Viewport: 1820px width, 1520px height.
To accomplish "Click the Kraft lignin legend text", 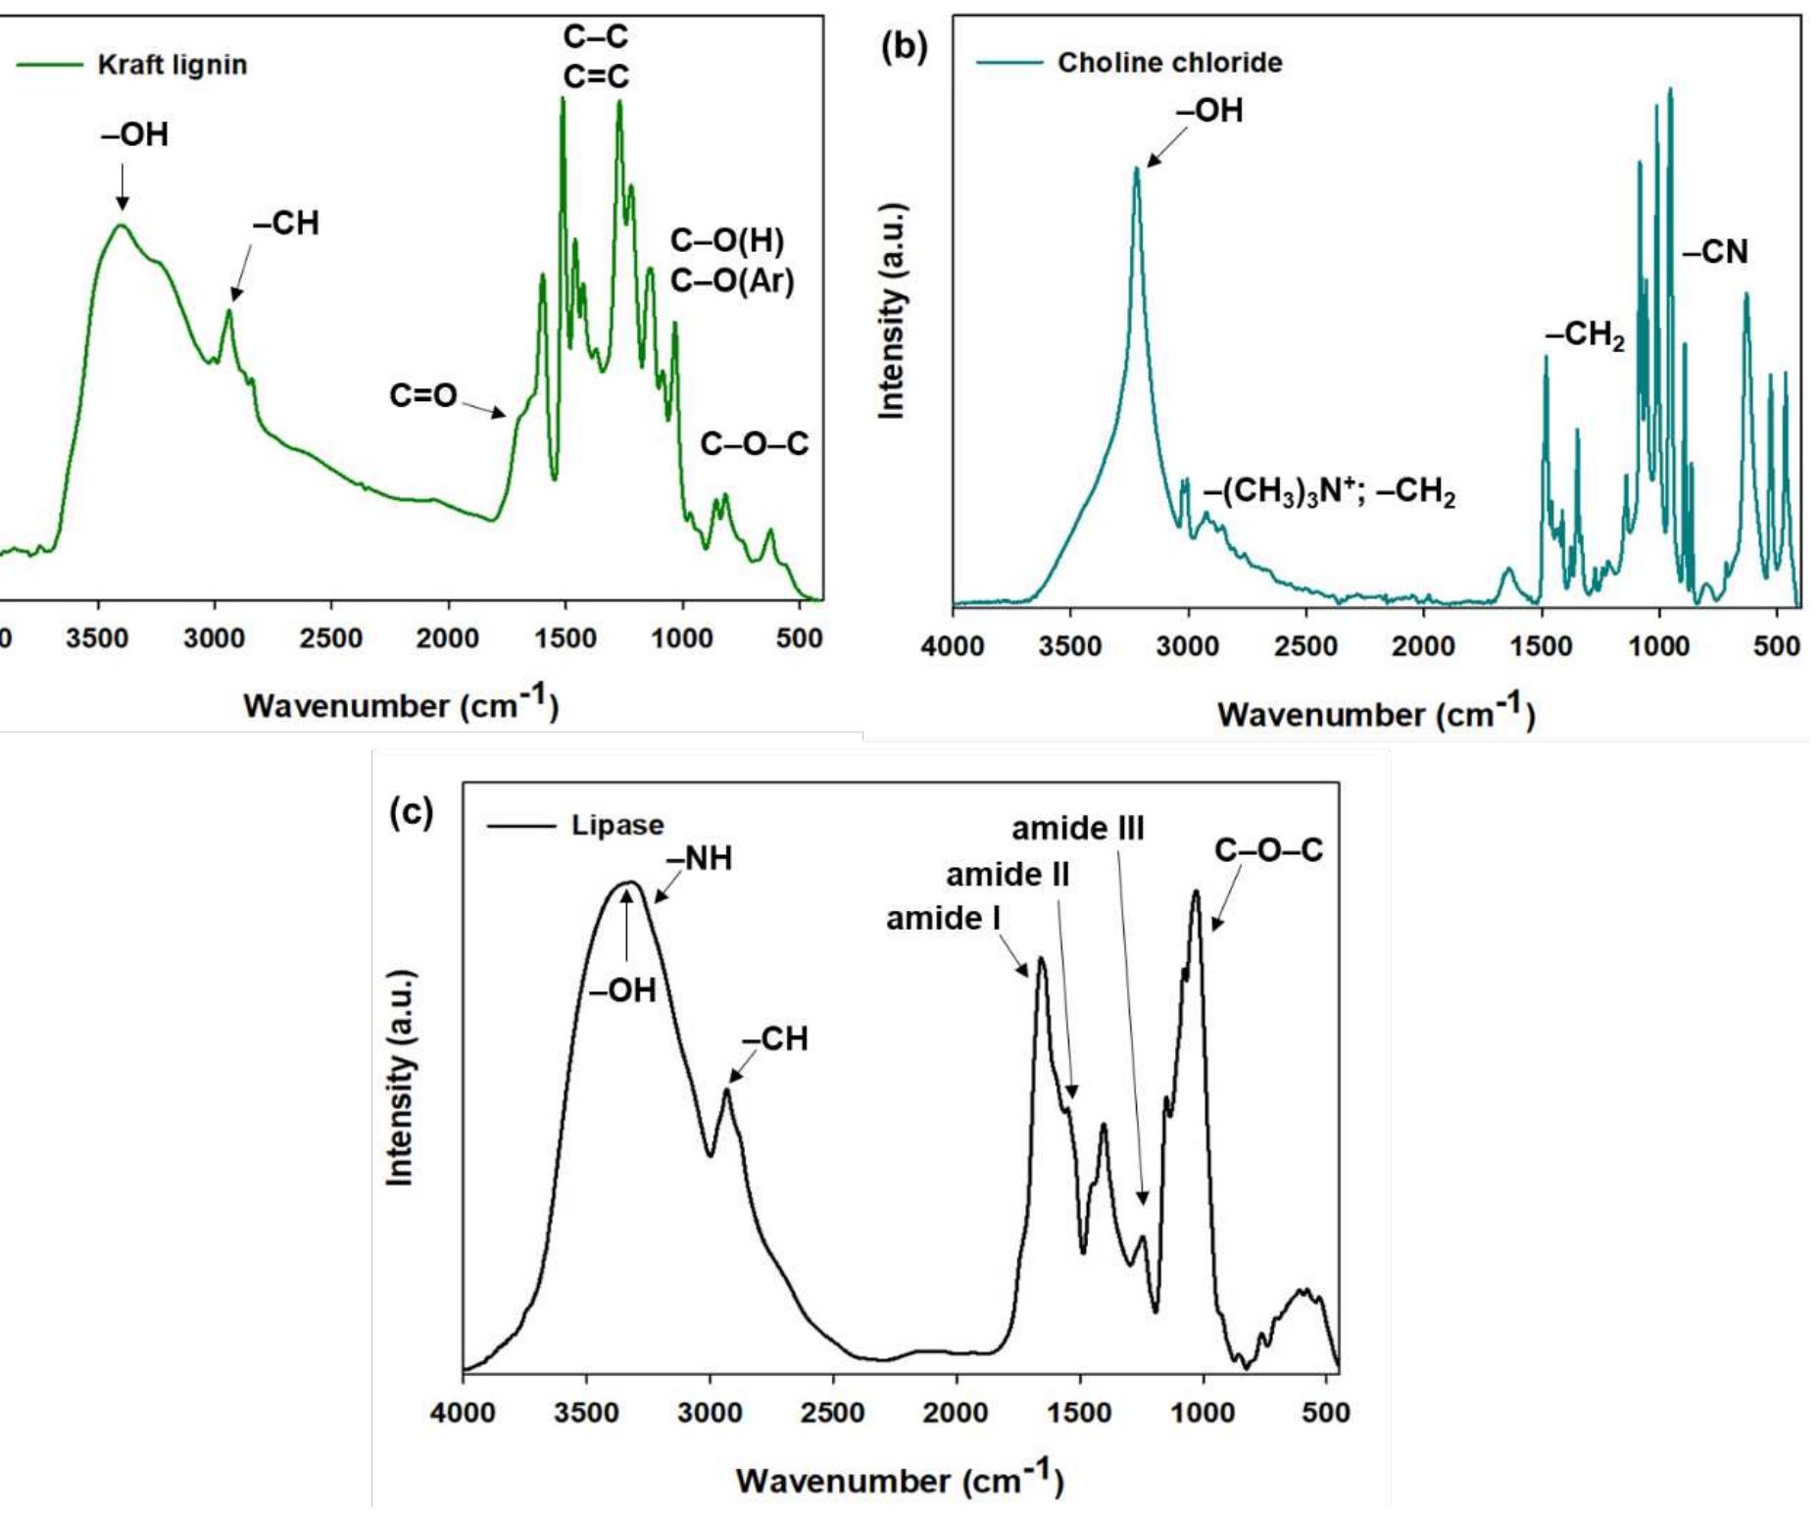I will coord(172,66).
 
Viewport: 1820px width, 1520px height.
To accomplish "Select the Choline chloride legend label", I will coord(1169,63).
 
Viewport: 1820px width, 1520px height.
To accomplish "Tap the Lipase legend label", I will coord(617,825).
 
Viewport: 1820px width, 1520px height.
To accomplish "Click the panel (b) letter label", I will coord(904,46).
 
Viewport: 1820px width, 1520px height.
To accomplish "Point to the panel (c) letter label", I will coord(411,812).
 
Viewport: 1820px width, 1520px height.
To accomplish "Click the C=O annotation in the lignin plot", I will coord(423,395).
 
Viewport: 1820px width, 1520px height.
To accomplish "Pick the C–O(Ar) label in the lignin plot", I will coord(732,281).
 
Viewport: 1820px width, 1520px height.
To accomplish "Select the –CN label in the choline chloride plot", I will coord(1715,252).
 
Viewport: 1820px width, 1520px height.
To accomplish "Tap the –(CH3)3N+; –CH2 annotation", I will coord(1330,490).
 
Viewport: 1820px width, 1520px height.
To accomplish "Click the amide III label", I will coord(1077,829).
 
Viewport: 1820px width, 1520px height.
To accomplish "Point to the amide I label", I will coord(943,919).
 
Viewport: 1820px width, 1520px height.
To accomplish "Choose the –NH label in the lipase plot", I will coord(700,859).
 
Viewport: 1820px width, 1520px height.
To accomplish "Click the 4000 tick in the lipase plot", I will coord(463,1413).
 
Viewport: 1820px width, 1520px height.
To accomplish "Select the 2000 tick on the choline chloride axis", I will coord(1423,646).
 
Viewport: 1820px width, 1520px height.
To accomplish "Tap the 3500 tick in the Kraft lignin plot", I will coord(97,638).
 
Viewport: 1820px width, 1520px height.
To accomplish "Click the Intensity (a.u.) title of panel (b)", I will coord(891,311).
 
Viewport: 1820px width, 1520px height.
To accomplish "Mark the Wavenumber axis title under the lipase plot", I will coord(900,1479).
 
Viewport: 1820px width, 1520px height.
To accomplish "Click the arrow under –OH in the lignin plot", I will coord(123,186).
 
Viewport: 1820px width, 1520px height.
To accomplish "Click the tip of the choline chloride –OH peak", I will coord(1137,169).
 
